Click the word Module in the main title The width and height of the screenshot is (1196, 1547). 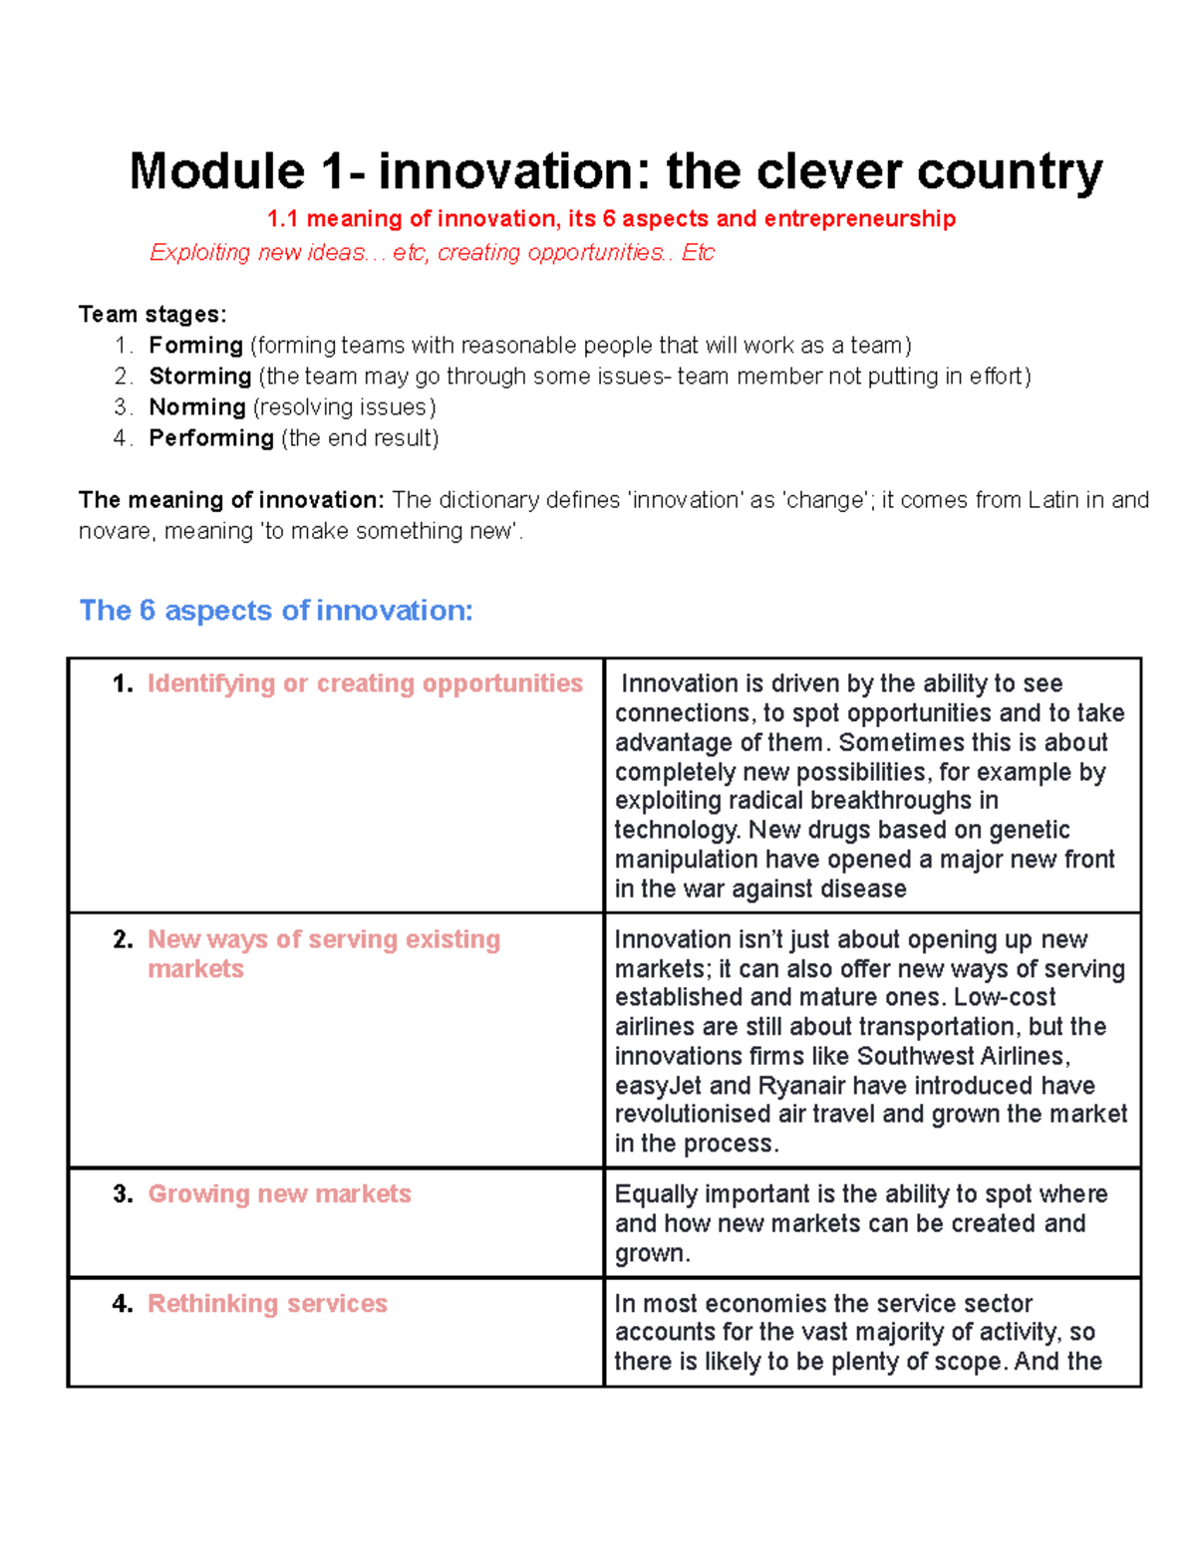coord(216,171)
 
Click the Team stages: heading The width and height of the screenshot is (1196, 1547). coord(152,315)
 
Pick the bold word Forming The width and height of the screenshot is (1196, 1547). coord(195,346)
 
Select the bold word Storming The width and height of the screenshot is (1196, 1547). coord(199,377)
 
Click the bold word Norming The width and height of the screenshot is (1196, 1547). coord(196,407)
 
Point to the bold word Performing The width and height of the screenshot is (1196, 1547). coord(210,438)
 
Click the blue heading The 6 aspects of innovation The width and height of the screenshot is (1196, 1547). coord(275,611)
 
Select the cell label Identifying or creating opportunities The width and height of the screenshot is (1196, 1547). coord(365,683)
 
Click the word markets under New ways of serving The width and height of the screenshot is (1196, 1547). coord(195,969)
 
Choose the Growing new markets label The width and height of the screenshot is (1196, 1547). coord(279,1194)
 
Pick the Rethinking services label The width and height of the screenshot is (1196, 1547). coord(267,1304)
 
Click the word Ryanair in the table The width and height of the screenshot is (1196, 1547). coord(801,1086)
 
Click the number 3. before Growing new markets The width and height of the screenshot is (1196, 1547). coord(123,1194)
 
